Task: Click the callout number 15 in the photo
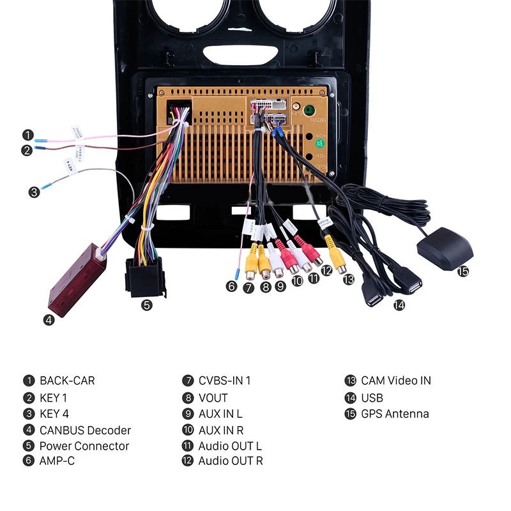pyautogui.click(x=463, y=271)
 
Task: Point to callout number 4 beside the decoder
pyautogui.click(x=49, y=320)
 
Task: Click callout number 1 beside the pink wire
pyautogui.click(x=27, y=135)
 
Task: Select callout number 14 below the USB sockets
pyautogui.click(x=399, y=305)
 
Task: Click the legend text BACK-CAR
pyautogui.click(x=67, y=381)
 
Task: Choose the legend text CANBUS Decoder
pyautogui.click(x=85, y=431)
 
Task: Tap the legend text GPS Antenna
pyautogui.click(x=395, y=414)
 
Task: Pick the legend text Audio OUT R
pyautogui.click(x=230, y=461)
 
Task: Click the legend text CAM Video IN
pyautogui.click(x=396, y=381)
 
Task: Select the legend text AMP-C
pyautogui.click(x=57, y=461)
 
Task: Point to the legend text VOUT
pyautogui.click(x=213, y=397)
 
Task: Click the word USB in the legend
pyautogui.click(x=372, y=397)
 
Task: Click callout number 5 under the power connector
pyautogui.click(x=147, y=305)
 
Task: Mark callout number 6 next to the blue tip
pyautogui.click(x=231, y=287)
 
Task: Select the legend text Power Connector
pyautogui.click(x=84, y=446)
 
